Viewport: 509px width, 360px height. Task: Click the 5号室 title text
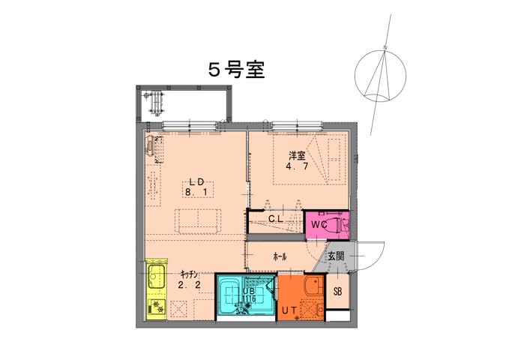coord(236,70)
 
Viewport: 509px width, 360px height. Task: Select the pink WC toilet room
coord(327,225)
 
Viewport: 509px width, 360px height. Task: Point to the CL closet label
coord(276,219)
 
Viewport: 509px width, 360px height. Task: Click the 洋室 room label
coord(297,156)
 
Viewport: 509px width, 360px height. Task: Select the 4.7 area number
coord(297,166)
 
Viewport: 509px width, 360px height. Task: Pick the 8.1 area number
coord(196,192)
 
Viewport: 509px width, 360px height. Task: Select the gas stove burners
coord(157,307)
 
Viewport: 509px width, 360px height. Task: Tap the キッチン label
coord(189,274)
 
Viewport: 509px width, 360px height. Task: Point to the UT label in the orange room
coord(289,310)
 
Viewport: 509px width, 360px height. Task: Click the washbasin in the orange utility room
coord(314,286)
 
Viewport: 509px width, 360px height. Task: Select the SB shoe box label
coord(337,292)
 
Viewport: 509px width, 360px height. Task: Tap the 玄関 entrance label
coord(336,256)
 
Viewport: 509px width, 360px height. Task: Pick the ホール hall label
coord(280,257)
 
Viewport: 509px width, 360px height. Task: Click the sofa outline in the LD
coord(198,221)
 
